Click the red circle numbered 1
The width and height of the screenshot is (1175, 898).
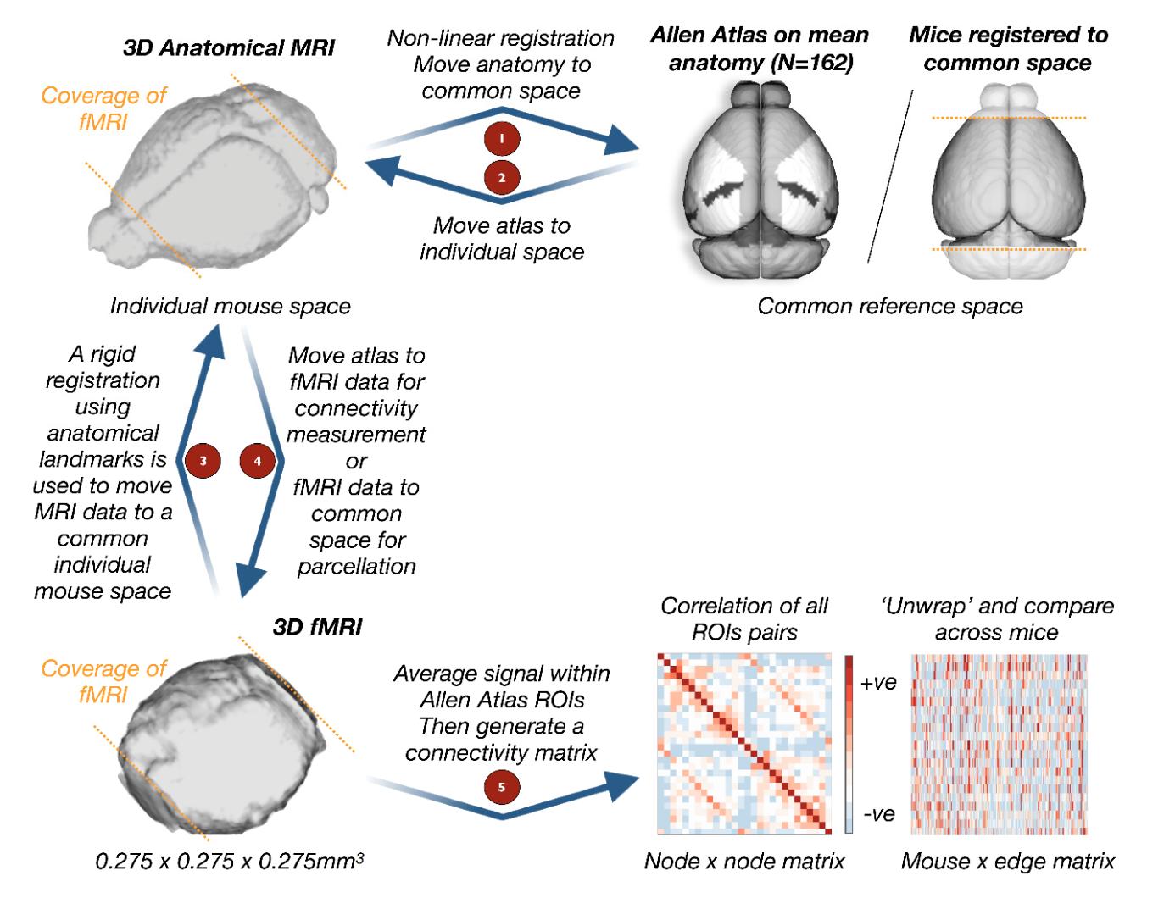(501, 138)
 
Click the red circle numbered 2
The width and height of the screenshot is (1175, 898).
(501, 178)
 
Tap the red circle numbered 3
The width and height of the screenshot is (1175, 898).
(203, 461)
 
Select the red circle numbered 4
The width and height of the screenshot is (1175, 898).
(258, 461)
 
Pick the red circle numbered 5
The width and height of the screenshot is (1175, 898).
(501, 787)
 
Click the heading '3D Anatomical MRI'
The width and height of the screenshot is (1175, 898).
(228, 47)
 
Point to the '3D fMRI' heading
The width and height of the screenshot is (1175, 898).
(317, 627)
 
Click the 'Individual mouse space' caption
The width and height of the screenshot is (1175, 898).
(230, 306)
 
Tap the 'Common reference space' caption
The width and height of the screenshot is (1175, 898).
(889, 306)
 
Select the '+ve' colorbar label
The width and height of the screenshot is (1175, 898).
(878, 683)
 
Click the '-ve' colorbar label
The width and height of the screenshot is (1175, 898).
(878, 814)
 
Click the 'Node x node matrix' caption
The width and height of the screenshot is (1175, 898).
(744, 862)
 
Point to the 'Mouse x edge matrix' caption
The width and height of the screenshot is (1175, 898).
(1007, 862)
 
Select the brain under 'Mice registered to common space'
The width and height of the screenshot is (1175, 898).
(1008, 181)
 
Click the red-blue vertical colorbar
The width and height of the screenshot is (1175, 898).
(849, 744)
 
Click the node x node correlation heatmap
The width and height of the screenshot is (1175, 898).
(744, 744)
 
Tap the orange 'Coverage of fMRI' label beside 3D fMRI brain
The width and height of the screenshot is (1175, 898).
(103, 681)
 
